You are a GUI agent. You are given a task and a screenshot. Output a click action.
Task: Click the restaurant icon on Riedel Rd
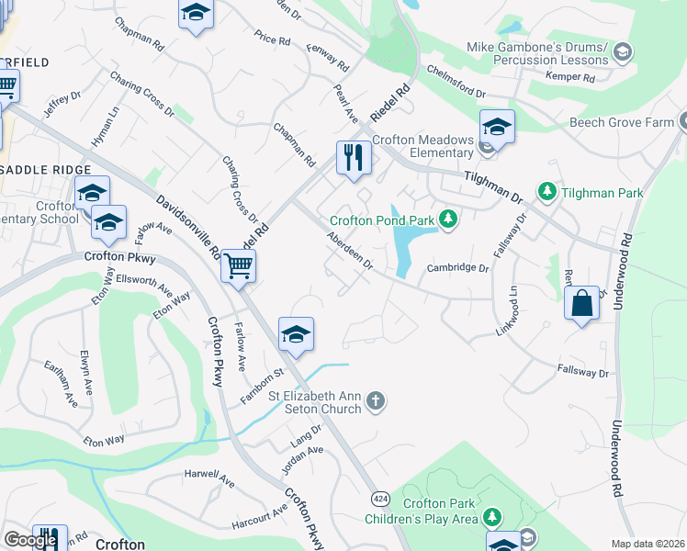353,157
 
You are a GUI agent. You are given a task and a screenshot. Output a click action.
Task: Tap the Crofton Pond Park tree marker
448,219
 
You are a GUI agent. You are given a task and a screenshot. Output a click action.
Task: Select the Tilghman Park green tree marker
547,192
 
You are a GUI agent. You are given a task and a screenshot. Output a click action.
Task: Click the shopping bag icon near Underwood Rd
583,303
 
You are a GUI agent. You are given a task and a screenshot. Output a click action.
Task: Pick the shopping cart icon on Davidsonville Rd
238,266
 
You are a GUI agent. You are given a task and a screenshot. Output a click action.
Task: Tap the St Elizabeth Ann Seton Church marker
375,400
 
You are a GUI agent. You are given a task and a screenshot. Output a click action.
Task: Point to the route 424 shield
379,498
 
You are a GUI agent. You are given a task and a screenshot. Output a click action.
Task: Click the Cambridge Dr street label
458,268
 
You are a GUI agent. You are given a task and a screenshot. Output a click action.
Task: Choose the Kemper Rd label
571,76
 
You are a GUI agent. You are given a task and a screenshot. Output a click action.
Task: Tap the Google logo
30,540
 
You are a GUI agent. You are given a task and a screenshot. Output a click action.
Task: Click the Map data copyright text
647,544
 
